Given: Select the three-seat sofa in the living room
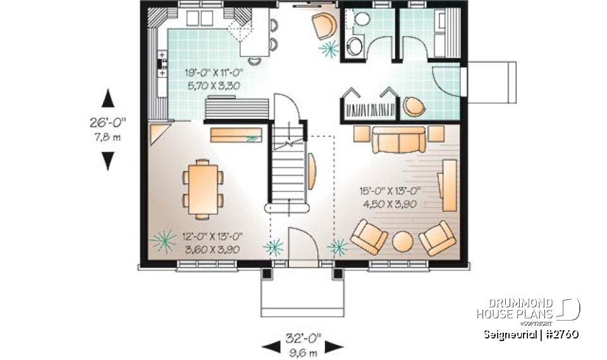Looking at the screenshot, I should pos(398,140).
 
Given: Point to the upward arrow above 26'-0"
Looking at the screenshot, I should pos(108,98).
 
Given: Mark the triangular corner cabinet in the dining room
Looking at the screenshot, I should pos(157,133).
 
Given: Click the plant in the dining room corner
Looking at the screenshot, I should pos(164,240).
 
